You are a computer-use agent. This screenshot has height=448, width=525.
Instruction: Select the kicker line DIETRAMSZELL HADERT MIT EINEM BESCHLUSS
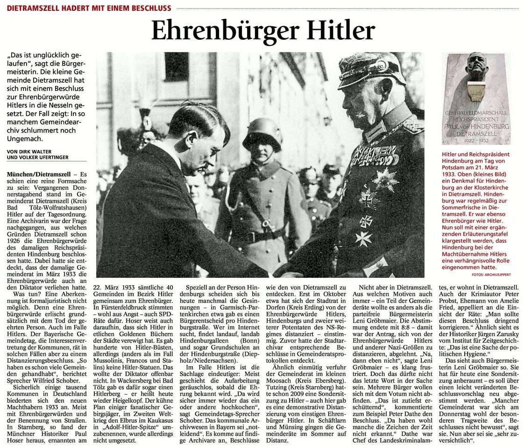88,8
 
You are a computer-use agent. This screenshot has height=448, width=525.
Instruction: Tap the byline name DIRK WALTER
32,151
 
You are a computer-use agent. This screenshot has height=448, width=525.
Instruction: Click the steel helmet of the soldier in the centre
263,134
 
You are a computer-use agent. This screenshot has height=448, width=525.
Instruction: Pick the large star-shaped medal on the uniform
384,180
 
